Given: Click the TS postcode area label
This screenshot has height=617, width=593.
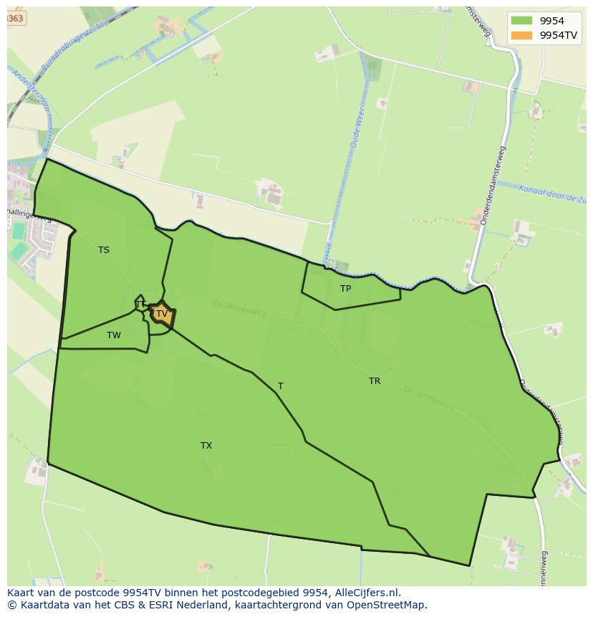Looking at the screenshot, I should [104, 250].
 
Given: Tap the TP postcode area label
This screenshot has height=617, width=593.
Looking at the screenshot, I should [346, 289].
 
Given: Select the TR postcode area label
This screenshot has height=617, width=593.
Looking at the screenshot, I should [375, 381].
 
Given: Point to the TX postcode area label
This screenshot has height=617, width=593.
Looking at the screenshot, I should [206, 446].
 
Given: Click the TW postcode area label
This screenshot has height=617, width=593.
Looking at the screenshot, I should [114, 335].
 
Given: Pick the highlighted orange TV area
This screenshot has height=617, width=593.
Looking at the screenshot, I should [162, 314].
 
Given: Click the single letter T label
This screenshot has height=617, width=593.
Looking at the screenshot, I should [281, 386].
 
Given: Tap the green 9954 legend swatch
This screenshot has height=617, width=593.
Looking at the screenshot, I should [522, 21].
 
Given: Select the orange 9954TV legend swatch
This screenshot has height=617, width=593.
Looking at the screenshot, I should [522, 35].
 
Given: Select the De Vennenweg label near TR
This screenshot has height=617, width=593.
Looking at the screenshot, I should [429, 399].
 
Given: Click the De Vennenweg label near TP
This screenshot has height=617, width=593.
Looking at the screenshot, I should [239, 309].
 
